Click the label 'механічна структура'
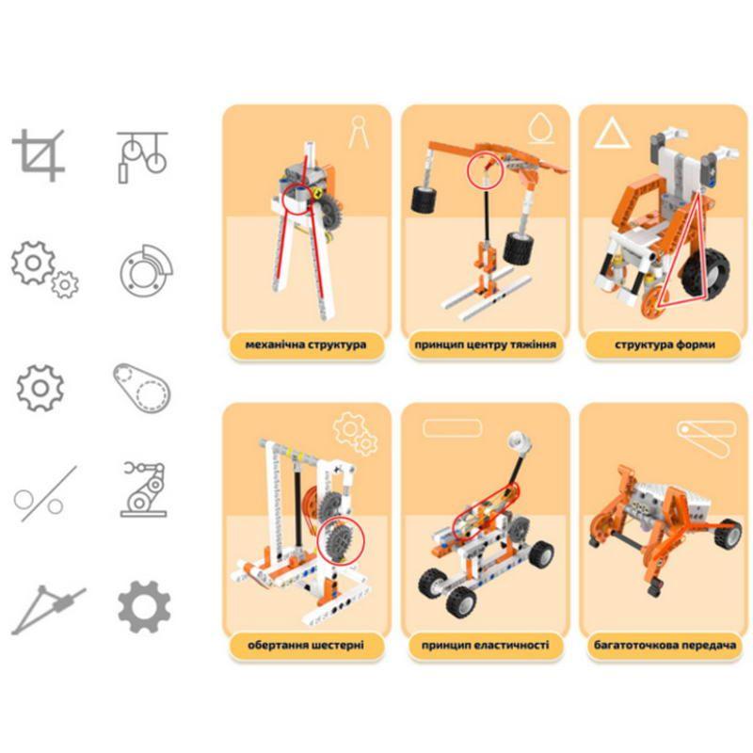tap(305, 344)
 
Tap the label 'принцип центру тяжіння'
tap(485, 344)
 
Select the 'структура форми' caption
tap(665, 344)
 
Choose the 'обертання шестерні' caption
tap(305, 645)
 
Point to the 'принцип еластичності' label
tap(485, 645)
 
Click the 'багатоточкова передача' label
tap(665, 645)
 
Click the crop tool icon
tap(39, 155)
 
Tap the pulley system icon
tap(143, 157)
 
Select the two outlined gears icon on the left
tap(44, 269)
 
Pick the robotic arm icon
tap(144, 489)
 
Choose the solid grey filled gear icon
tap(144, 607)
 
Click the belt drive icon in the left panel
tap(142, 388)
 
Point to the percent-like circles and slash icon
tap(45, 493)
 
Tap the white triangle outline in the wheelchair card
tap(613, 134)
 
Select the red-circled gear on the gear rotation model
tap(340, 540)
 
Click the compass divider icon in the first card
tap(359, 132)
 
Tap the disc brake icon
tap(146, 271)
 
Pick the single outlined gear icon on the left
tap(40, 388)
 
